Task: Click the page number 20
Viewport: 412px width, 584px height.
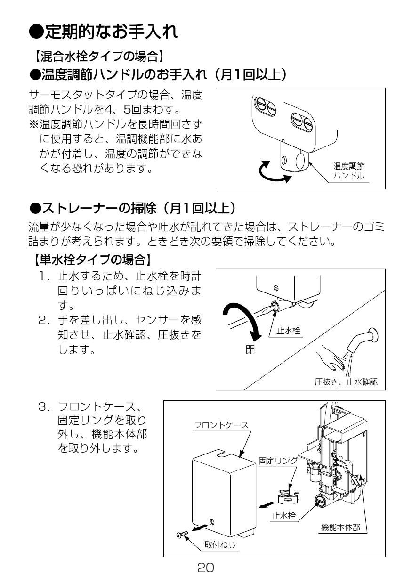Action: pyautogui.click(x=206, y=568)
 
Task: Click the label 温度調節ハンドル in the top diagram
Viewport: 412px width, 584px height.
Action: pyautogui.click(x=349, y=170)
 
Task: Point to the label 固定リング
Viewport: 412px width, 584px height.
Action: pyautogui.click(x=278, y=461)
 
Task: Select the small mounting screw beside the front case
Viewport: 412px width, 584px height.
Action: pyautogui.click(x=181, y=533)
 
